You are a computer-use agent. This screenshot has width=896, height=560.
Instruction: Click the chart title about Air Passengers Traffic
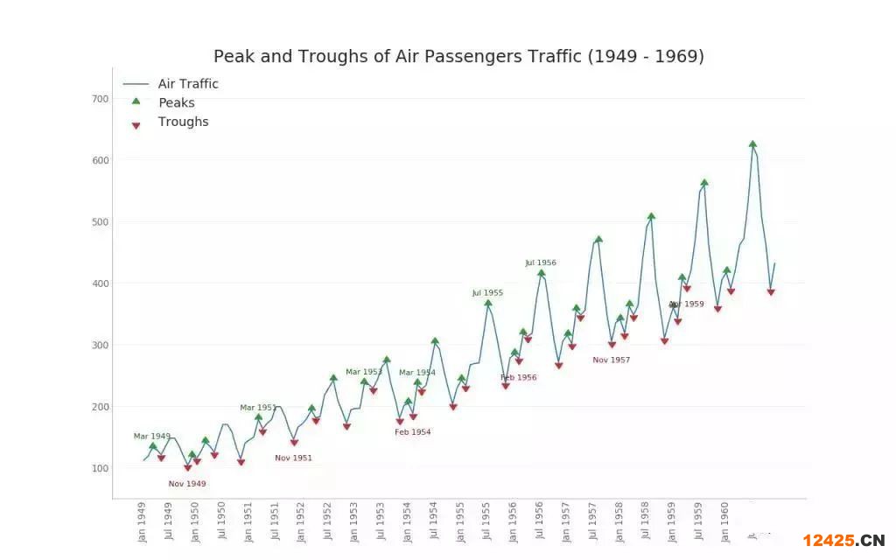pos(458,57)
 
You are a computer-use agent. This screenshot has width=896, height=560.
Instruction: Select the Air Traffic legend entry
pos(188,84)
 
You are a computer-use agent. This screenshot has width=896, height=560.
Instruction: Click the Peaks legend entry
pos(176,103)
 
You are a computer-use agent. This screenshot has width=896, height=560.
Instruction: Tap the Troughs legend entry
pos(183,122)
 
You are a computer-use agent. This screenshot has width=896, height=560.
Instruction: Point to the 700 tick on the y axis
pos(101,99)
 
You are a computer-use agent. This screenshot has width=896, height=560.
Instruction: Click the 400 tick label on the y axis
pos(101,283)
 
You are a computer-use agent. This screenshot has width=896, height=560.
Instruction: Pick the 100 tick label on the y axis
pos(101,468)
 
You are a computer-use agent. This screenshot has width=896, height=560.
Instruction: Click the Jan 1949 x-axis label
pos(143,521)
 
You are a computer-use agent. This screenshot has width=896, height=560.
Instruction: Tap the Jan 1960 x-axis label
pos(725,521)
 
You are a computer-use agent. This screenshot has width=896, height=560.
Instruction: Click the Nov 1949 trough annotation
pos(187,484)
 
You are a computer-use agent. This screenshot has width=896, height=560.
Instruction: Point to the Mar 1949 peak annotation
pos(152,437)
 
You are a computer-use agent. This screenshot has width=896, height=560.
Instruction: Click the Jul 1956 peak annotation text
pos(541,263)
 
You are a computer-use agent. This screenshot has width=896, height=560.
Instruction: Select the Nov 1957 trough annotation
pos(611,360)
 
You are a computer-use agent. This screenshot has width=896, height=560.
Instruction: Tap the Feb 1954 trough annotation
pos(412,432)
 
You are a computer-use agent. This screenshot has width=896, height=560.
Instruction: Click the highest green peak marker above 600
pos(752,144)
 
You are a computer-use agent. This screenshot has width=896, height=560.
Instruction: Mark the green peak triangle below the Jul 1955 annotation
pos(488,303)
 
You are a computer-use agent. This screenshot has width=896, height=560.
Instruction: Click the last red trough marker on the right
pos(771,292)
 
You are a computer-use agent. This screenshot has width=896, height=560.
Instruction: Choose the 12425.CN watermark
pos(843,540)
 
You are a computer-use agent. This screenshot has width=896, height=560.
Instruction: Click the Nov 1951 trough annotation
pos(293,458)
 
